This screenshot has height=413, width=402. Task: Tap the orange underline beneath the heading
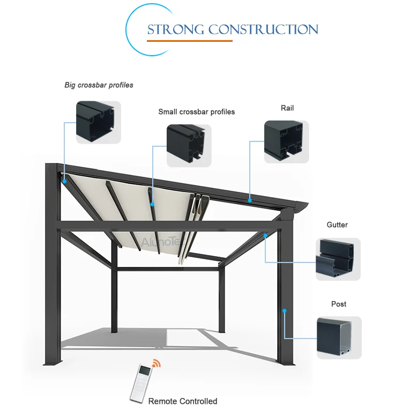point(190,41)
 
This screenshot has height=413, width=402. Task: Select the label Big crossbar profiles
point(99,85)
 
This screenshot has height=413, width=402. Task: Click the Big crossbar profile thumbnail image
point(98,122)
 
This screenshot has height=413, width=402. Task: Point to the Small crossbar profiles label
point(196,112)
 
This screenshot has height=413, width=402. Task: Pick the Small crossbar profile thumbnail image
point(189,146)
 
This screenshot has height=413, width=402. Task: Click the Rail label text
point(287,108)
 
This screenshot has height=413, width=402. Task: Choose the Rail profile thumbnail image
point(286,142)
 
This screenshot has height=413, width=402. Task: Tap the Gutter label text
point(337,225)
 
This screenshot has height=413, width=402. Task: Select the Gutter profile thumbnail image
point(338,259)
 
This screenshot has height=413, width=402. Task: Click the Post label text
point(339,304)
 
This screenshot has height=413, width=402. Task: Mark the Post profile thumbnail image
point(339,337)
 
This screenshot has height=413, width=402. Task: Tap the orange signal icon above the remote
point(156,364)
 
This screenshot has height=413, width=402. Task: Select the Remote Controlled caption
point(183,401)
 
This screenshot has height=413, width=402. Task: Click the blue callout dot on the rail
point(250,200)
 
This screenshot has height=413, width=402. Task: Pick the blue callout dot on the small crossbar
point(153,204)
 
